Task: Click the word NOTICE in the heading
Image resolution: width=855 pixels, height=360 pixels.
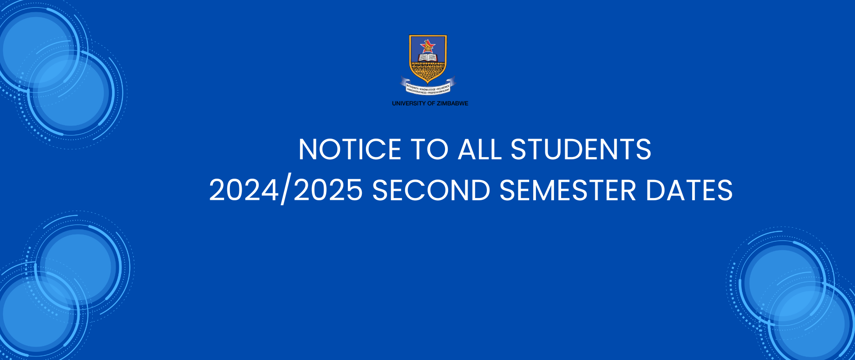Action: [x=350, y=149]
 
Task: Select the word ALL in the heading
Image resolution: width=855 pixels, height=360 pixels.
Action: [x=479, y=149]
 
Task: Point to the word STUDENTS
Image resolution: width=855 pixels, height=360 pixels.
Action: [x=581, y=149]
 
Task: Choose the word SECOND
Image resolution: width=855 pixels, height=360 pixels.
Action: [x=431, y=190]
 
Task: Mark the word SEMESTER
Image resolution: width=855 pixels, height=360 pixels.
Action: [x=568, y=190]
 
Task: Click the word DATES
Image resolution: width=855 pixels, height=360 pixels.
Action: [x=689, y=190]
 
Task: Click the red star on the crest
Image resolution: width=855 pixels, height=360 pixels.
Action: [x=427, y=45]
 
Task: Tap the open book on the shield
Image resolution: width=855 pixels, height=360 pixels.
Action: [x=427, y=58]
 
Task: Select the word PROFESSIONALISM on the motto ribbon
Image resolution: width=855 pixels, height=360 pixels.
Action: [x=438, y=91]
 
